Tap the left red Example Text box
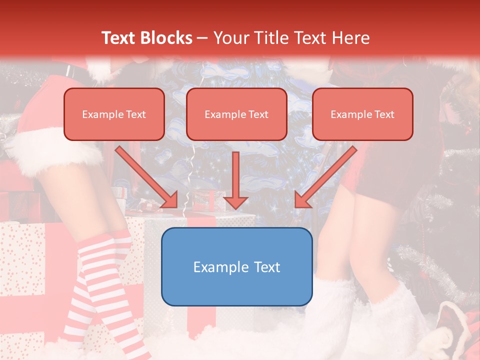(x=114, y=114)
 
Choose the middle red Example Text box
(x=236, y=114)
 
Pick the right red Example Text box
(x=362, y=114)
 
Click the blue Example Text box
(x=236, y=266)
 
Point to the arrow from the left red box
(x=145, y=176)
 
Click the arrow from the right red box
(x=327, y=176)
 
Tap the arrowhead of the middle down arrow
(x=236, y=202)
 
